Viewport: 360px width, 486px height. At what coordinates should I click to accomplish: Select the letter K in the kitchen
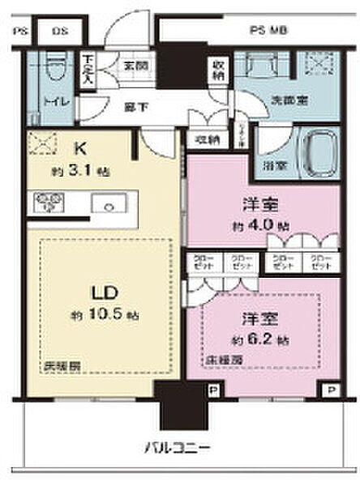[x=81, y=148]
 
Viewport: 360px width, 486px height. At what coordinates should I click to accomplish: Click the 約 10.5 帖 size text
[x=91, y=314]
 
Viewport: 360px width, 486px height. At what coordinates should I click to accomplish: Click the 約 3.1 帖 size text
[x=80, y=172]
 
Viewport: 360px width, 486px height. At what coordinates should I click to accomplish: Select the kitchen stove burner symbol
[x=49, y=202]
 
